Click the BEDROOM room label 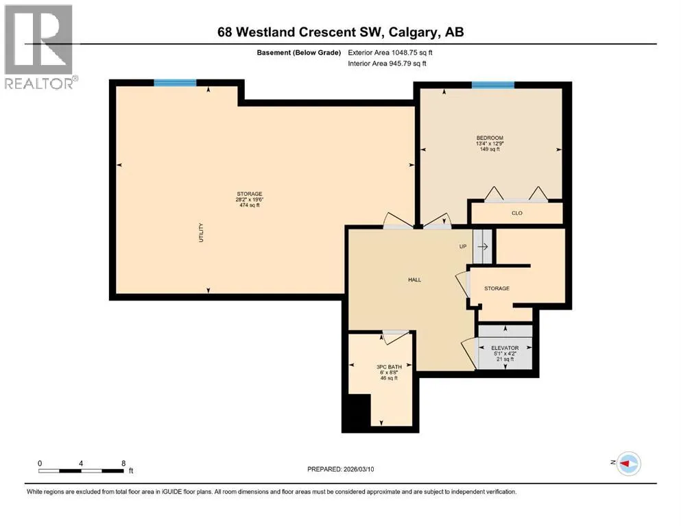point(490,138)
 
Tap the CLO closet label point(517,213)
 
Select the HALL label point(414,279)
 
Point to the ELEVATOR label point(505,348)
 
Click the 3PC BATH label point(389,367)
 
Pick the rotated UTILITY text point(201,232)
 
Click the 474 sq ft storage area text point(250,205)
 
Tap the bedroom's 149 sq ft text point(490,149)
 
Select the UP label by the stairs point(463,247)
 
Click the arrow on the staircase point(483,247)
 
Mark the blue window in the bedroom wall point(493,84)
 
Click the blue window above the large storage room point(175,83)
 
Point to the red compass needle point(625,464)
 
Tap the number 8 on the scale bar point(123,463)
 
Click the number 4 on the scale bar point(81,463)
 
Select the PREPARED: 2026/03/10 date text point(340,469)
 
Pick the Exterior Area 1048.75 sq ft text point(390,53)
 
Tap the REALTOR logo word point(39,84)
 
